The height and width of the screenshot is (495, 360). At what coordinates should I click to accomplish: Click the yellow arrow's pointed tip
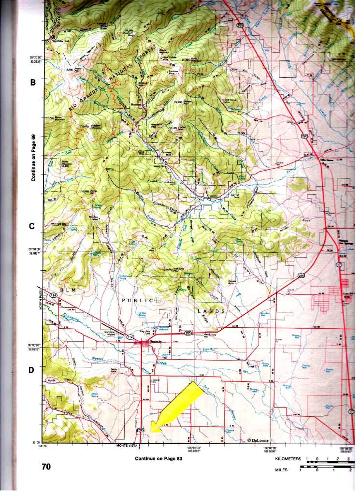pos(151,431)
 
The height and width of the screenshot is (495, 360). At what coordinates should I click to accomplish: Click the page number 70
pos(46,466)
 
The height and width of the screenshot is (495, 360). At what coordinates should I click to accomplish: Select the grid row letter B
pos(33,82)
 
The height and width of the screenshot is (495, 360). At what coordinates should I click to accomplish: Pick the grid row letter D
pos(32,370)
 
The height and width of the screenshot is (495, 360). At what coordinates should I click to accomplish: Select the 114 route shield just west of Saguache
pos(130,336)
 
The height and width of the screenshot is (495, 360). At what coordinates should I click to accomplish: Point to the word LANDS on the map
pos(210,311)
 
